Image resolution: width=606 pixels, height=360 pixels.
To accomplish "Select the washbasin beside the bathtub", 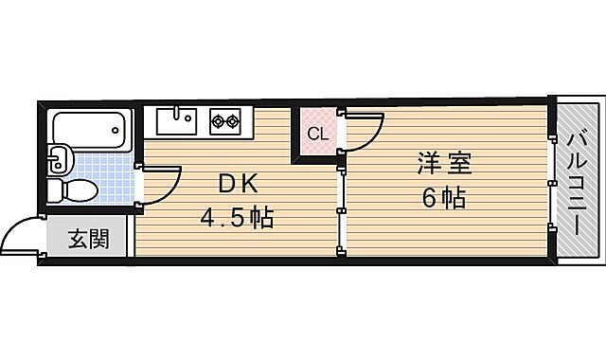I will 57,156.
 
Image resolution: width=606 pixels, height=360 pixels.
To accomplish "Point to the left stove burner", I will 219,121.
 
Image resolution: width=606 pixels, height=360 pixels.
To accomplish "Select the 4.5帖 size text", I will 236,219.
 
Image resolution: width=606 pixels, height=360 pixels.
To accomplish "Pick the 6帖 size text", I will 444,200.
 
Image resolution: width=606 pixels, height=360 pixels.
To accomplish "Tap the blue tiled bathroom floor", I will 104,175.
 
